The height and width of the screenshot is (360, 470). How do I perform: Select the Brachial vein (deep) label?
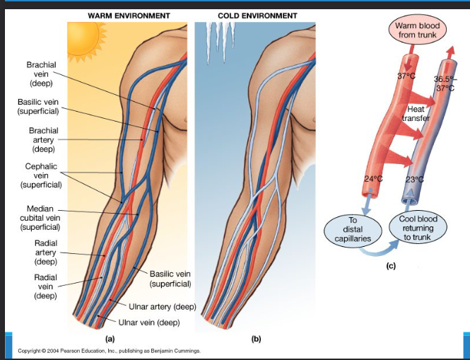41,74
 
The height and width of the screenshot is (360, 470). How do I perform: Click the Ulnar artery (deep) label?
163,306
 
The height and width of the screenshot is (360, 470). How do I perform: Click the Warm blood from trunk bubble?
418,30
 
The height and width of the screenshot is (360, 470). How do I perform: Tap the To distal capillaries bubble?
352,230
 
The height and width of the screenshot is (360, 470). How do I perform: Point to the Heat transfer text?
415,113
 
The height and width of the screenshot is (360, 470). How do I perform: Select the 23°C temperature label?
415,179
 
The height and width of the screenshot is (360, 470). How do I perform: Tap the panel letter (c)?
390,267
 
